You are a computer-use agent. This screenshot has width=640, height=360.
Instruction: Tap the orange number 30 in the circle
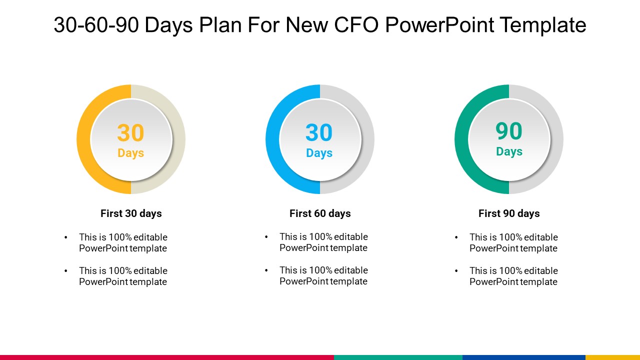click(x=130, y=133)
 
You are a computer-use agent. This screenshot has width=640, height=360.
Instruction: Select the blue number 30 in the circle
click(x=319, y=133)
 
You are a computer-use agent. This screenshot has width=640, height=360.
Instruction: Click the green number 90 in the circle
click(x=508, y=131)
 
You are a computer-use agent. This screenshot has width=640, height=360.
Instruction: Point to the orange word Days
click(x=130, y=153)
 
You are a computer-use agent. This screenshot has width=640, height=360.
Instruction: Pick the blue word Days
click(x=319, y=153)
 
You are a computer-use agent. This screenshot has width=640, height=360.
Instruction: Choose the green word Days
click(x=509, y=151)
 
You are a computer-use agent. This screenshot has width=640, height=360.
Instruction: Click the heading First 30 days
click(x=131, y=213)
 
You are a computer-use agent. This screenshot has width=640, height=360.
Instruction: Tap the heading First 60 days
click(x=320, y=213)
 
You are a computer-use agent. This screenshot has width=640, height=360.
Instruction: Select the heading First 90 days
click(x=509, y=213)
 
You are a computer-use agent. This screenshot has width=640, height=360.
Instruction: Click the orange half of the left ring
click(x=83, y=139)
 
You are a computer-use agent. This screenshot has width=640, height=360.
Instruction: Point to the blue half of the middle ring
click(x=272, y=139)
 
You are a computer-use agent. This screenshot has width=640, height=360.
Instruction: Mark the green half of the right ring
click(x=461, y=139)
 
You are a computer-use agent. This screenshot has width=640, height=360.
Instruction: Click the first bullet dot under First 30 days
click(x=66, y=237)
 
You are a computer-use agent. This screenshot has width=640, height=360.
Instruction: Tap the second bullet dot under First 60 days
click(x=266, y=270)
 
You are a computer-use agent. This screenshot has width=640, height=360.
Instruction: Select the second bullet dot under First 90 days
click(x=456, y=271)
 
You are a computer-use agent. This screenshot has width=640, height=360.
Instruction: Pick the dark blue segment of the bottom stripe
click(x=523, y=357)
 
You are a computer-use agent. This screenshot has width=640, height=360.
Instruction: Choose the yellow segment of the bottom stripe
click(x=612, y=357)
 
